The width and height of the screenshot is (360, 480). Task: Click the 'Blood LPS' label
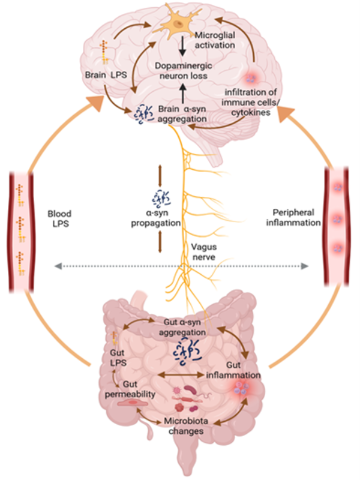tap(65, 217)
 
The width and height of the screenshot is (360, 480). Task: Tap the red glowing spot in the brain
tap(251, 77)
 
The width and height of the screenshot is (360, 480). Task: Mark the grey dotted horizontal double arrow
tap(180, 265)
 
